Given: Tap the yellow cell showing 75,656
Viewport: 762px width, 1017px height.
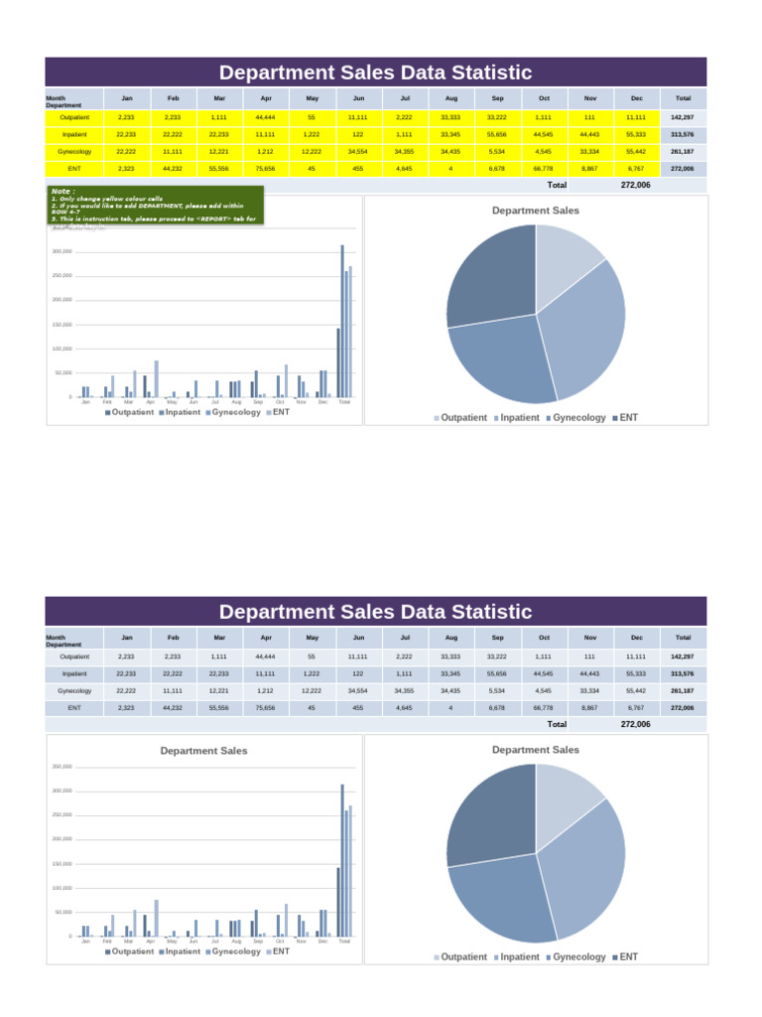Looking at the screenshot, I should tap(265, 169).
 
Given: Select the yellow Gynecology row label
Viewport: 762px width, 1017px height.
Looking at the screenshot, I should tap(74, 151).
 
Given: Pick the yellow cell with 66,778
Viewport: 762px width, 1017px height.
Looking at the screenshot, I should tap(544, 169).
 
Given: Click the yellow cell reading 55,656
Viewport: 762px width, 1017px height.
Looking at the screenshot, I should tap(497, 134).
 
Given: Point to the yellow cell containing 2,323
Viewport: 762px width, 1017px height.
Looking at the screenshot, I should tap(126, 169).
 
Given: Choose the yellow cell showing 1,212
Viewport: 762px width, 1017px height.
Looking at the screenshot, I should tap(265, 151).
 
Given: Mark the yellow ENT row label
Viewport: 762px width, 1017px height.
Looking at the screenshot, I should tap(74, 169).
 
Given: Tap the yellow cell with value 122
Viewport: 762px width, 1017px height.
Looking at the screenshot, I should tap(358, 134).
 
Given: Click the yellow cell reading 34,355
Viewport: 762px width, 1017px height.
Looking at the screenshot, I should tap(404, 151).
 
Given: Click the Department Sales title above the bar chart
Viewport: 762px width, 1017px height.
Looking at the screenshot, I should tap(204, 751).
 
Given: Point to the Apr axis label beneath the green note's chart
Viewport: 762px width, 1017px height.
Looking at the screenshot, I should tap(150, 402).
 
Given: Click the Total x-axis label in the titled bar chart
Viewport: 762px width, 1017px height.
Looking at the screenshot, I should tap(344, 941).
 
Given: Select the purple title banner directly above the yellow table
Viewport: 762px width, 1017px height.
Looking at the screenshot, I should tap(375, 73).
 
